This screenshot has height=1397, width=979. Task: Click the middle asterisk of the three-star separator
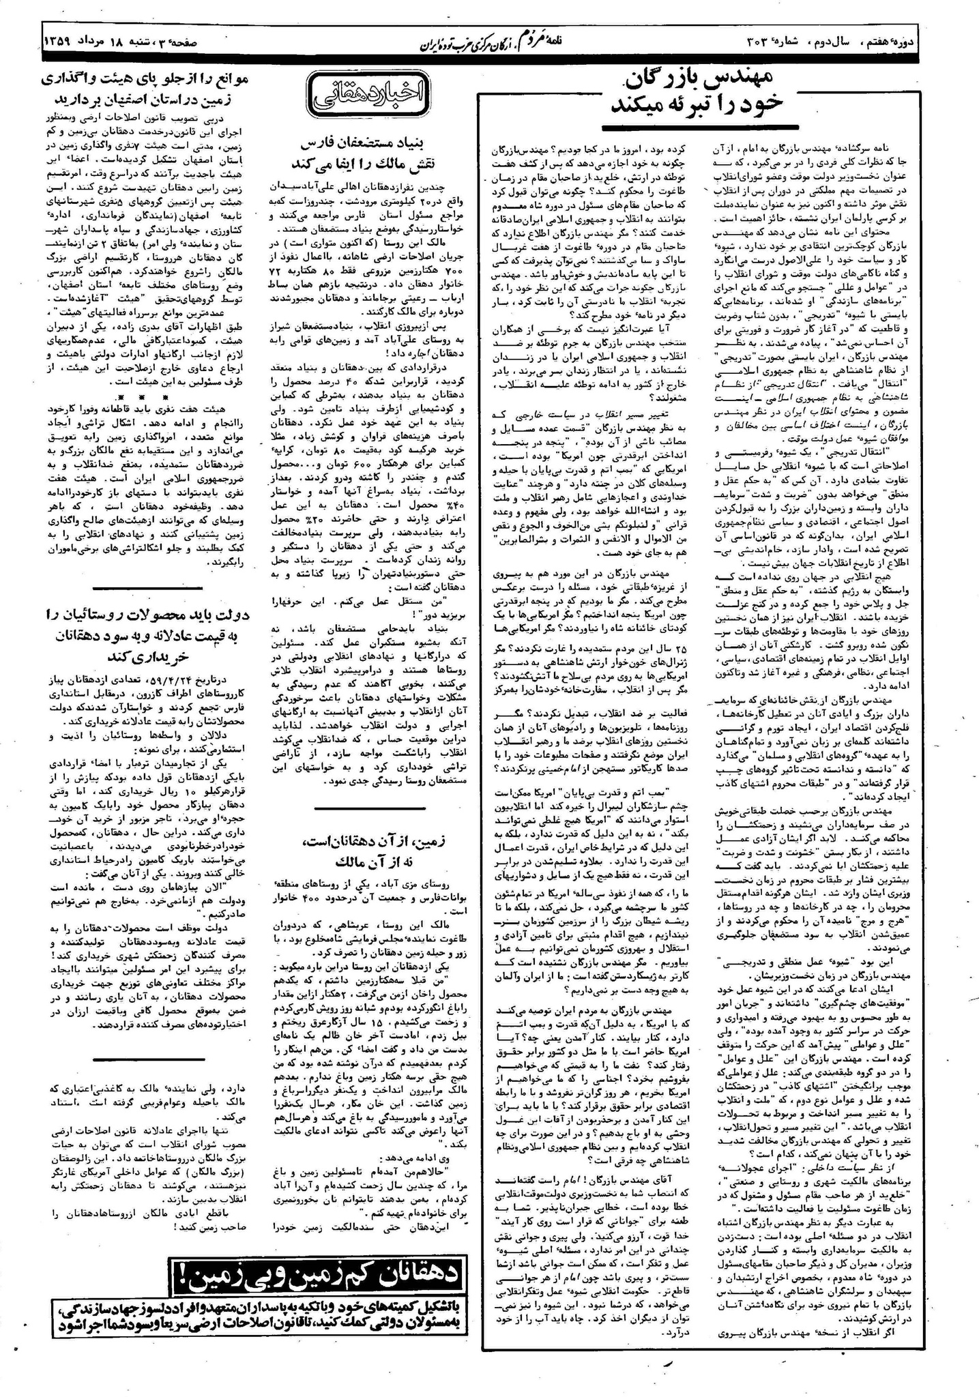click(140, 396)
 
